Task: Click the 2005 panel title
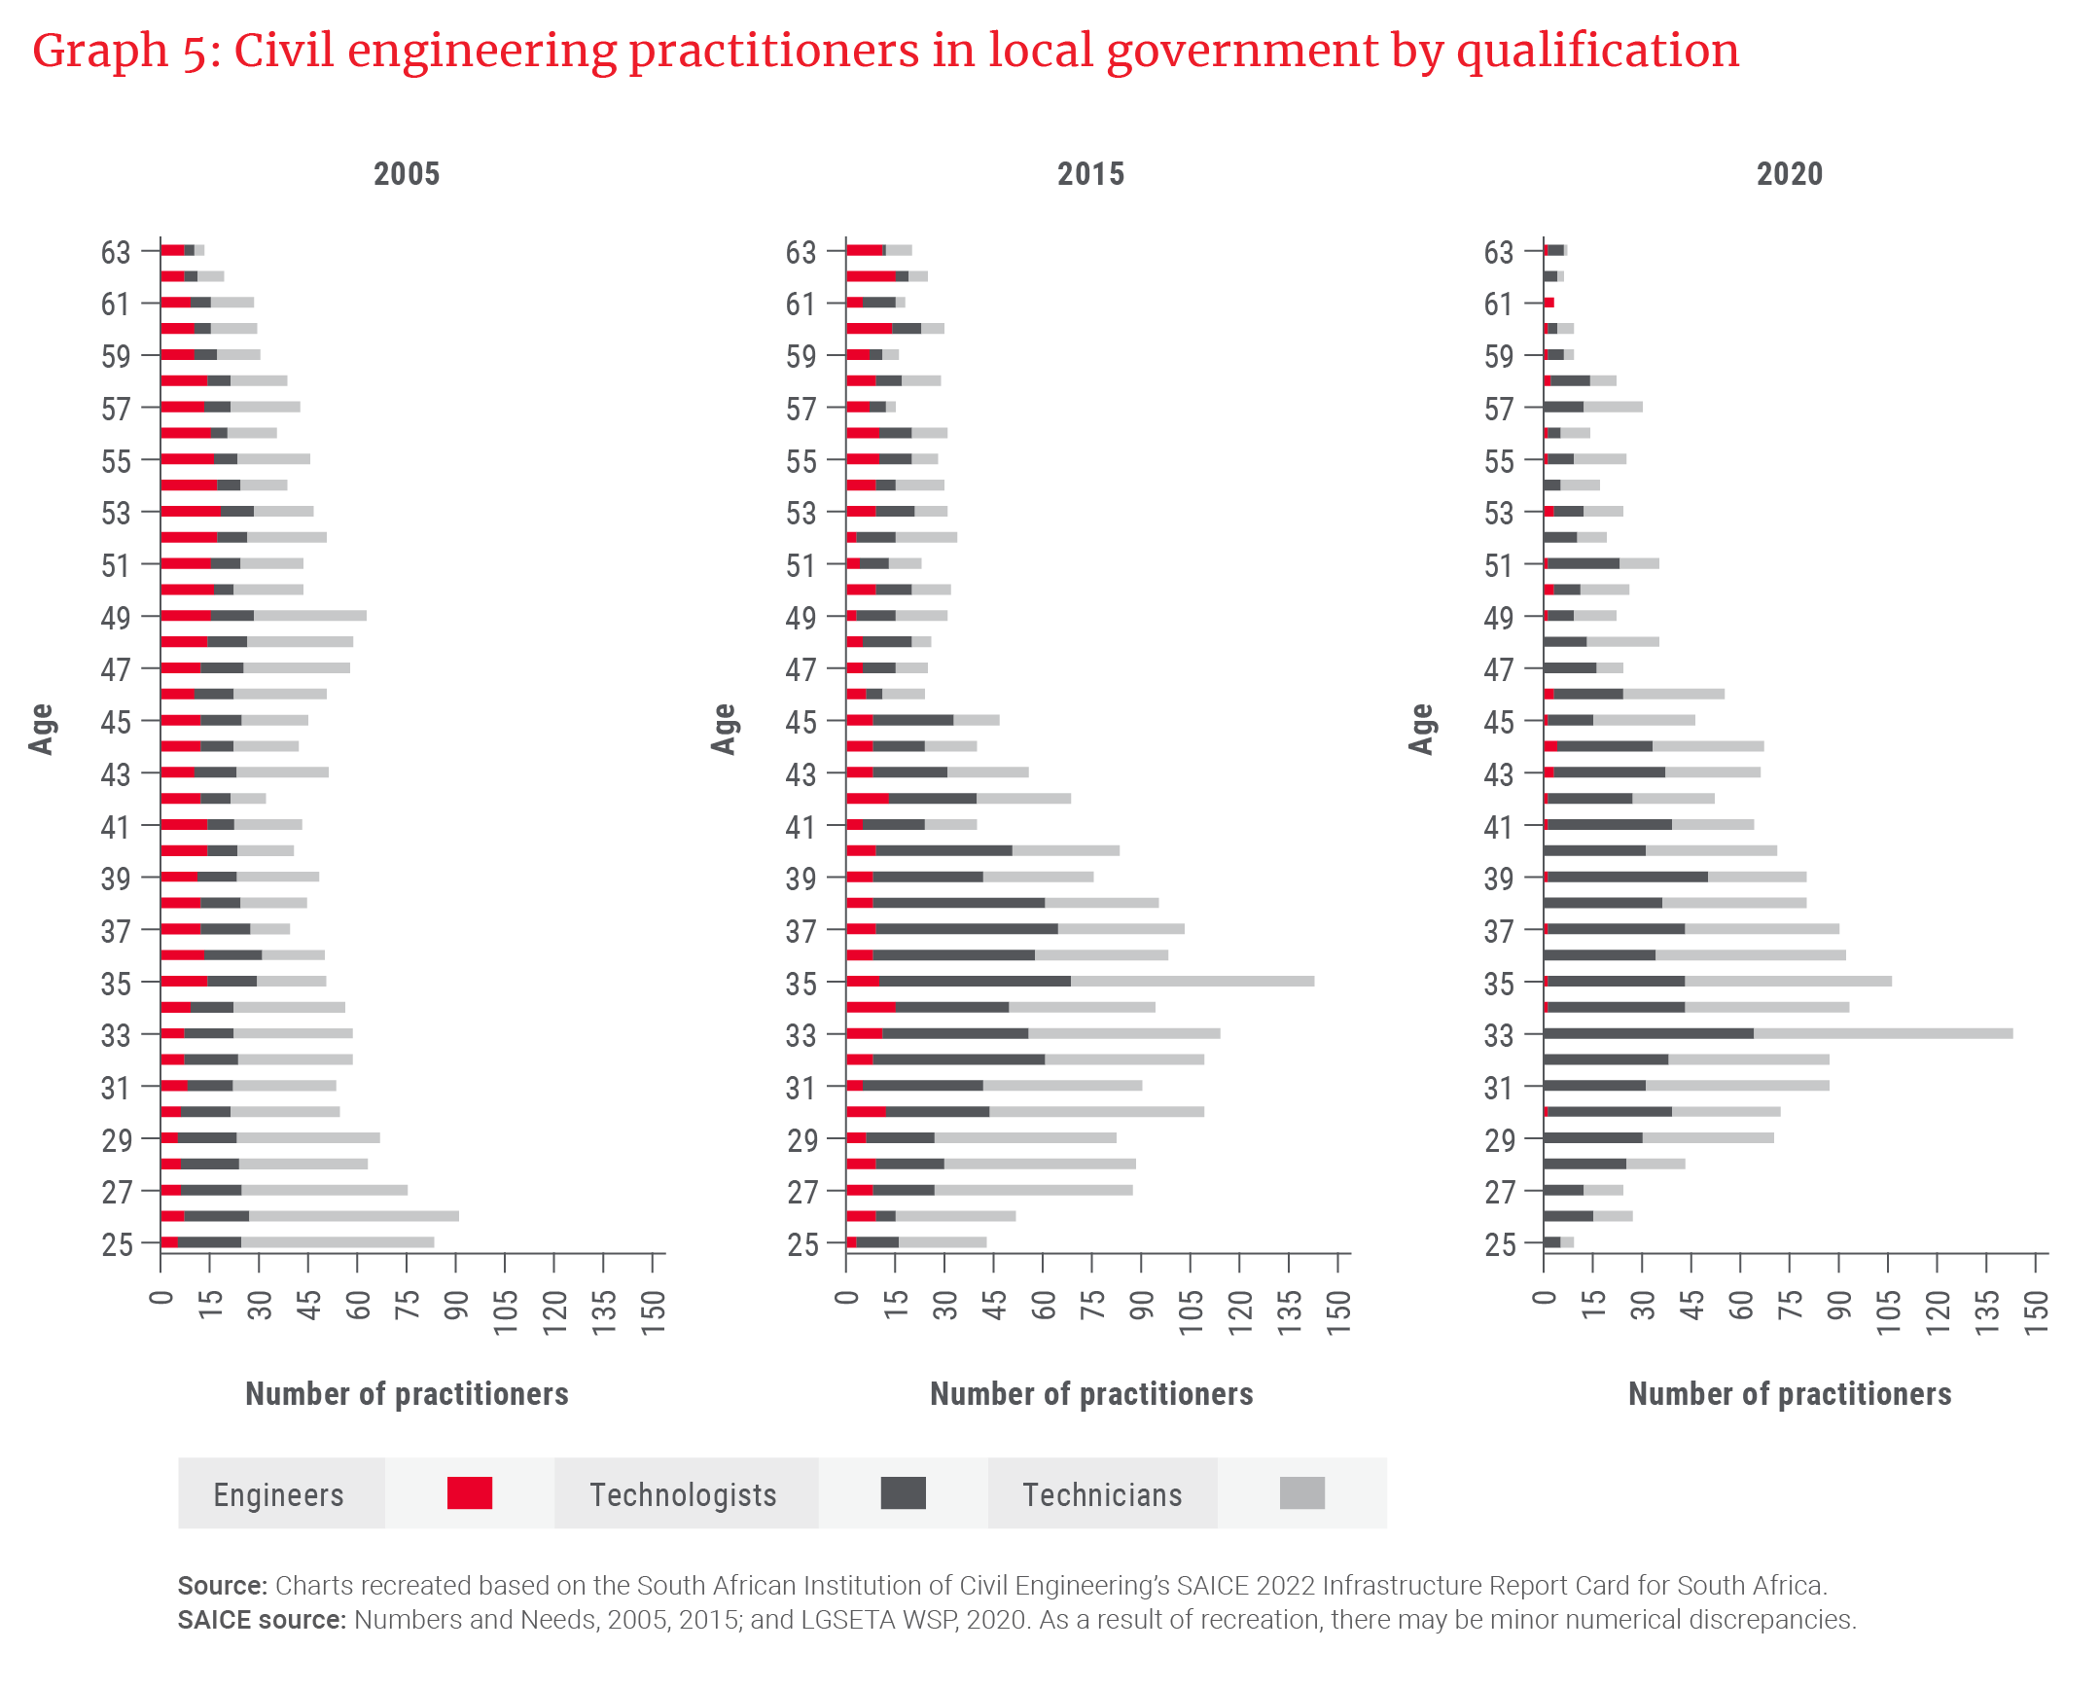pos(407,174)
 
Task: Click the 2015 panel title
pos(1090,174)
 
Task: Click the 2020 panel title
pos(1789,174)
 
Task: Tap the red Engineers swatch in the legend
pos(470,1492)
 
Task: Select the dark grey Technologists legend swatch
pos(902,1492)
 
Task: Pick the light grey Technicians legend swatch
pos(1301,1492)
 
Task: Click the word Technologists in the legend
pos(683,1494)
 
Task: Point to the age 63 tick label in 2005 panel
pos(116,252)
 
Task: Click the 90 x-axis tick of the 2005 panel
pos(456,1311)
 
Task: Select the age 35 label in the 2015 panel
pos(801,984)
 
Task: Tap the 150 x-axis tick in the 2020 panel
pos(2035,1311)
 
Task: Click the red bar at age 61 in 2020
pos(1548,303)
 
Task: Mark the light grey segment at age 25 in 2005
pos(336,1241)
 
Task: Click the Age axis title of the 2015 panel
pos(723,729)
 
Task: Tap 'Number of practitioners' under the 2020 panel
pos(1789,1394)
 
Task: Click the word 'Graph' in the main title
pos(99,51)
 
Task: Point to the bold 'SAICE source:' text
pos(261,1619)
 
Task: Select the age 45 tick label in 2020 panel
pos(1498,723)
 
